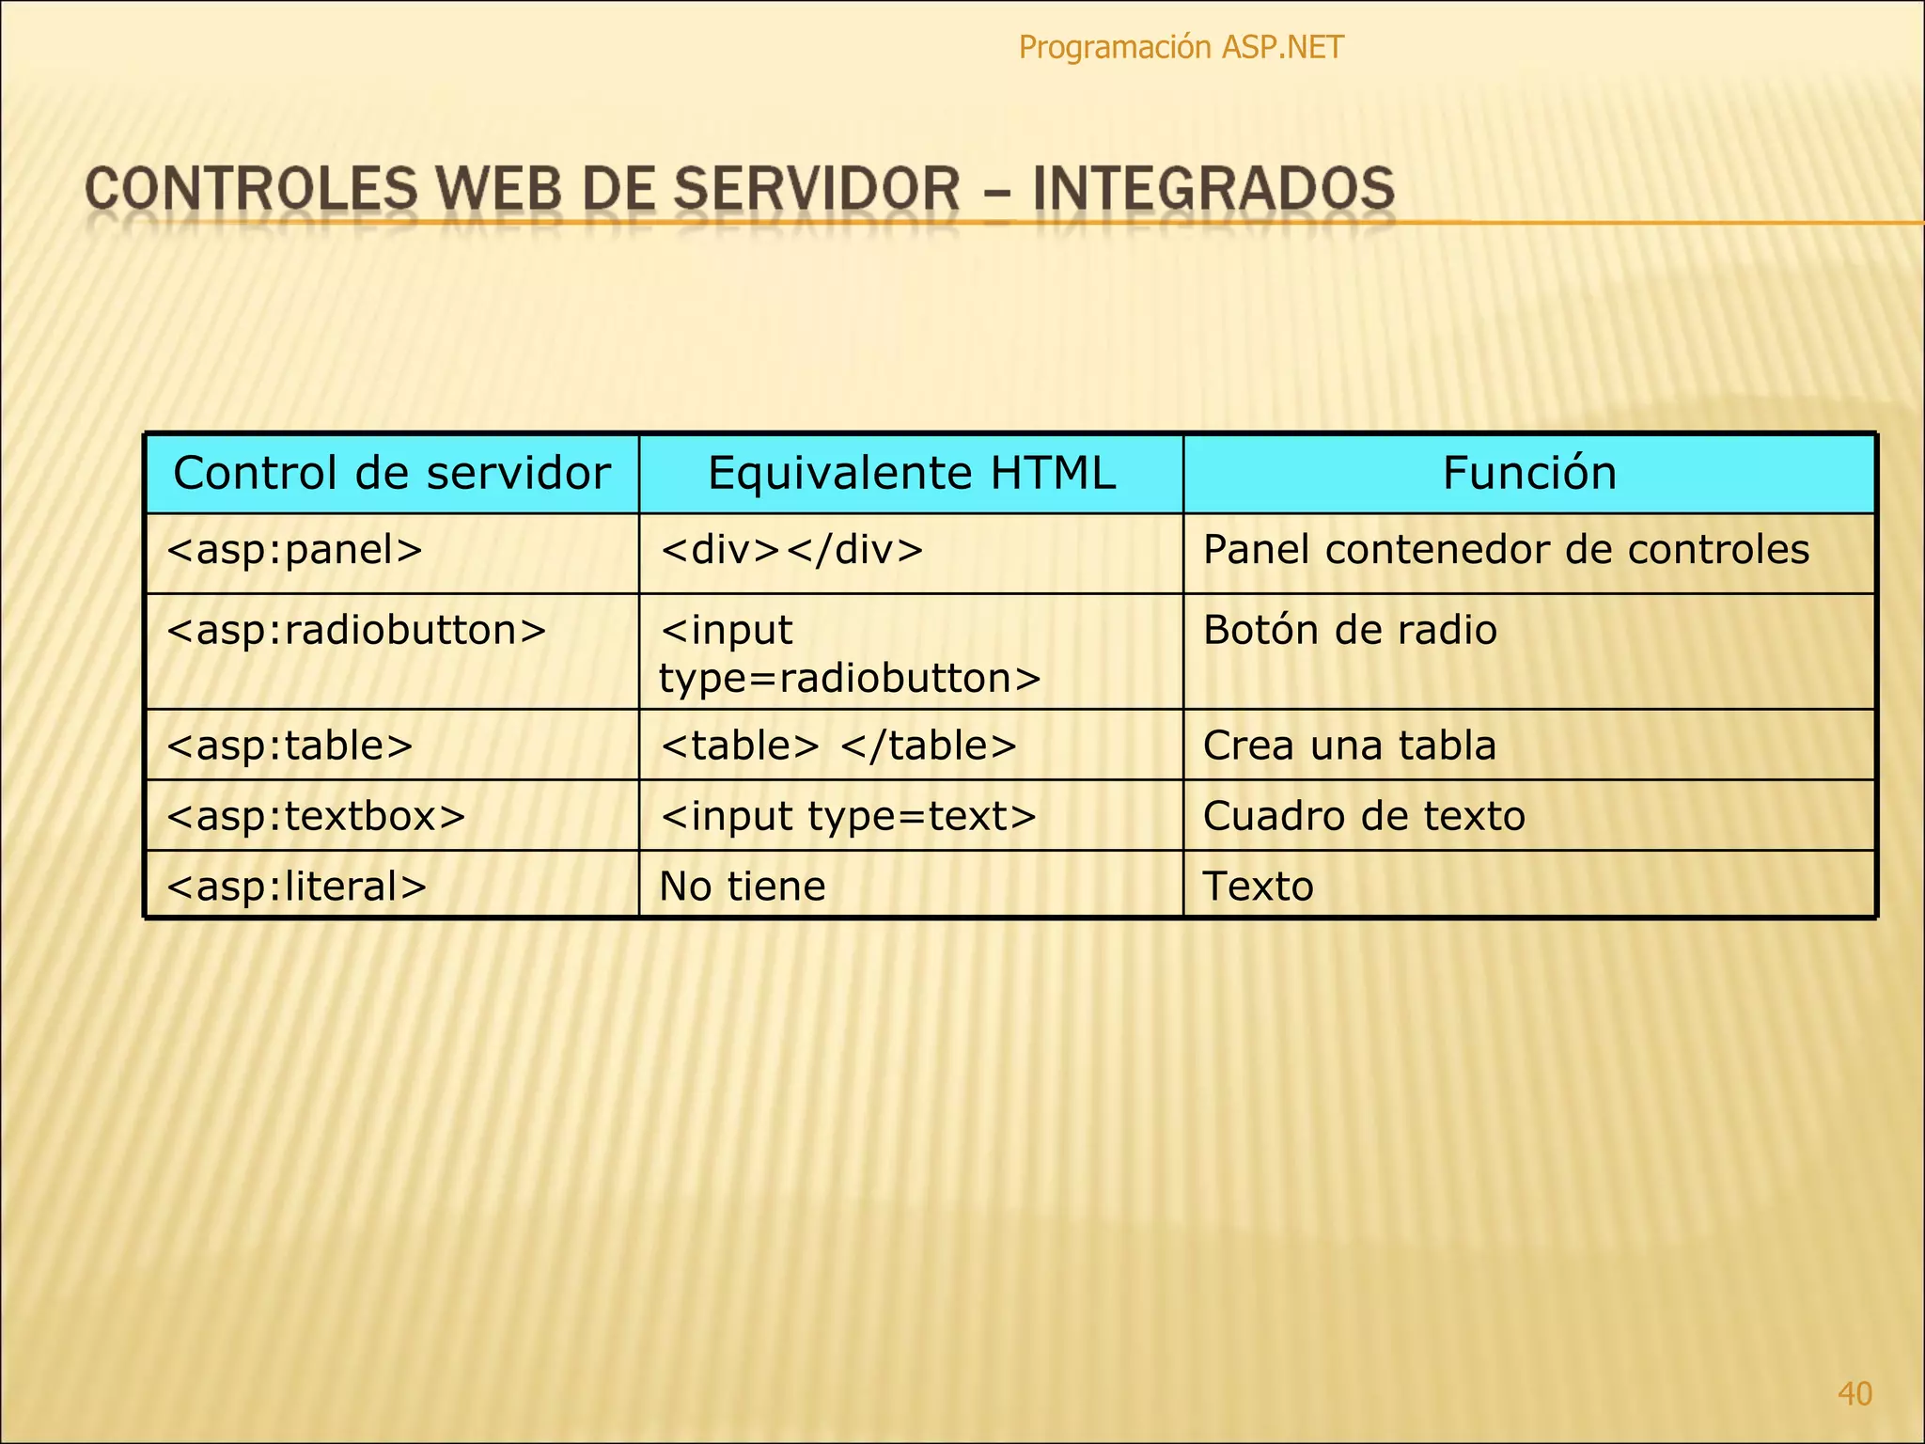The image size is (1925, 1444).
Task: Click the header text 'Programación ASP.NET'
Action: [x=1181, y=47]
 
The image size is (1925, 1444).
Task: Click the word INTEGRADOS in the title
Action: [x=1213, y=188]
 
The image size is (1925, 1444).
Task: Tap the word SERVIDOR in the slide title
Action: [x=817, y=188]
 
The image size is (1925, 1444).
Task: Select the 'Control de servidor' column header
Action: [x=392, y=473]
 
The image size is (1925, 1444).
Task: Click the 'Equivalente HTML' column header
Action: [x=911, y=473]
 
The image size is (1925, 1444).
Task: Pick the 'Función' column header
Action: [x=1529, y=473]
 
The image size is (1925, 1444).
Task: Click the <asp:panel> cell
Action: [x=294, y=550]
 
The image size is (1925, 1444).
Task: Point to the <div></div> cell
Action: [x=791, y=550]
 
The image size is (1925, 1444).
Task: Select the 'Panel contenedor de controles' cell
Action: [x=1506, y=550]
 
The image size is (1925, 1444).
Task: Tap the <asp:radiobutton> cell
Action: [x=356, y=631]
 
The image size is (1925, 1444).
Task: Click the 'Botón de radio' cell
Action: [x=1350, y=631]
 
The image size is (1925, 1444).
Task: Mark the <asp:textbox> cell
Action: [x=316, y=816]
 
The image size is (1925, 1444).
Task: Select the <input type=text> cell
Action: [x=848, y=816]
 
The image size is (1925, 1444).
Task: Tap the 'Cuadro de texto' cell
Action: [x=1364, y=816]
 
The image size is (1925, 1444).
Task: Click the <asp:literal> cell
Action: [x=296, y=887]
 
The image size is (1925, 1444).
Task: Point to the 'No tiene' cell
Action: [x=742, y=887]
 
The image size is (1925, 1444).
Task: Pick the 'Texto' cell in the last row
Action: [x=1258, y=887]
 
